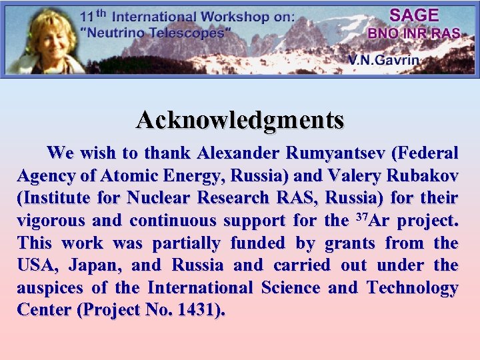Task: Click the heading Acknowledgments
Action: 240,120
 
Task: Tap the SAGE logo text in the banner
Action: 413,15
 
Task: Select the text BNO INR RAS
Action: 413,33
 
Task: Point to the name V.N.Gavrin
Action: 383,60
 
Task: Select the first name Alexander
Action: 238,153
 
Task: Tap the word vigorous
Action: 50,221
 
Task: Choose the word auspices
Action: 51,288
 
